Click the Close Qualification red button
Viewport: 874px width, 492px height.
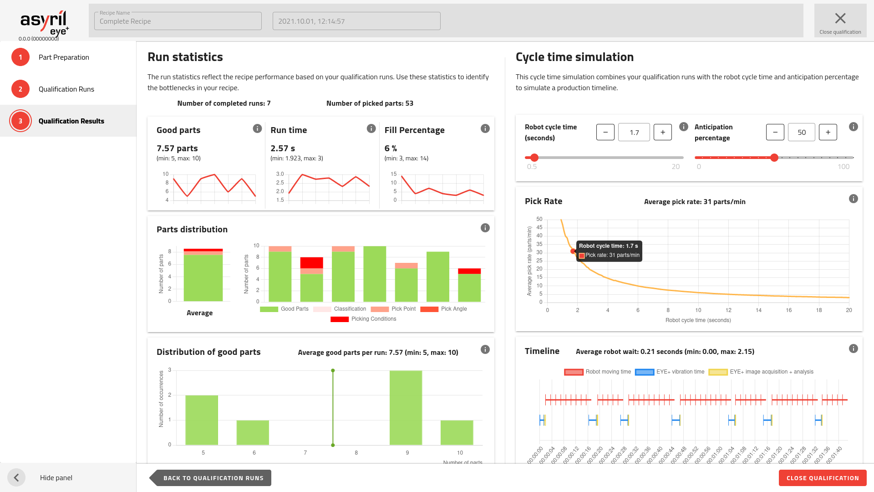(x=822, y=478)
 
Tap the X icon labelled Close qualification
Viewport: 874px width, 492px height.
(x=840, y=19)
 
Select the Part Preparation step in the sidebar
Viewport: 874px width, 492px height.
(x=64, y=57)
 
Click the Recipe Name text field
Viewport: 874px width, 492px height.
(x=178, y=21)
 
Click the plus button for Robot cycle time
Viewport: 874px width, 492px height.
(x=662, y=132)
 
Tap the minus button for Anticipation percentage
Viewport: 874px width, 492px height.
(x=775, y=132)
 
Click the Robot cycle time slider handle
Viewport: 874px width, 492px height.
(x=534, y=158)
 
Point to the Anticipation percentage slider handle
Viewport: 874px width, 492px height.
(x=774, y=158)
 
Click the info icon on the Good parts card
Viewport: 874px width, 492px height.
(x=257, y=128)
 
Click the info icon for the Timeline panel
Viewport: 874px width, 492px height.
(x=853, y=348)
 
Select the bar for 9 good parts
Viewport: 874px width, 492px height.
(x=406, y=407)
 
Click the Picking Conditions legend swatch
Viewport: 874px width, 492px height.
(x=340, y=319)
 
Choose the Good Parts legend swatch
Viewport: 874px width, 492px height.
(x=269, y=309)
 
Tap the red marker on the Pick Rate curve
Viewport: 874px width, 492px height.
(x=573, y=251)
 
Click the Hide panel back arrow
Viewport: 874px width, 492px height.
(x=16, y=477)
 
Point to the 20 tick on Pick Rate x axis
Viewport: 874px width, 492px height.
(x=849, y=310)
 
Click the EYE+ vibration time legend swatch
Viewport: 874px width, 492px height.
(x=644, y=372)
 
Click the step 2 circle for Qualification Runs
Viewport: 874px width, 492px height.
(x=20, y=89)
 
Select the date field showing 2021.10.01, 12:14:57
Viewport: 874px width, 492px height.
(x=356, y=21)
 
